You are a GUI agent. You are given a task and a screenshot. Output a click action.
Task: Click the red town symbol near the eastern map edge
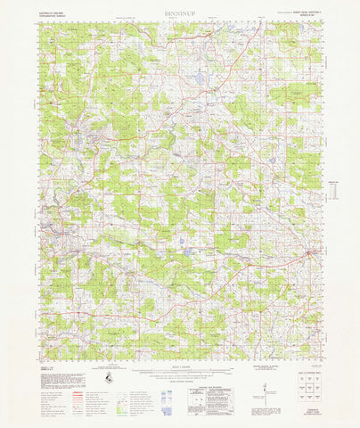point(308,256)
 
